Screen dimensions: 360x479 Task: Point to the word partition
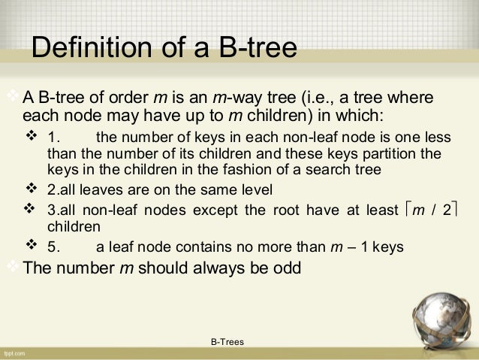click(x=393, y=156)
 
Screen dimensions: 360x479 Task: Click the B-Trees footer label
click(x=227, y=342)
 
